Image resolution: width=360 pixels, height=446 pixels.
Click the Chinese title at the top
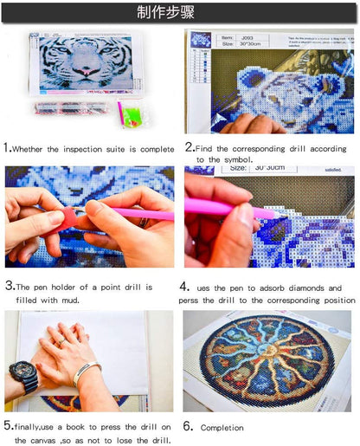(180, 12)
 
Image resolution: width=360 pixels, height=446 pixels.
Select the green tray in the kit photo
(132, 114)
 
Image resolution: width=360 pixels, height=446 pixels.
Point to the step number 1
(7, 148)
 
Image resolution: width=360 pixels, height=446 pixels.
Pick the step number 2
(188, 148)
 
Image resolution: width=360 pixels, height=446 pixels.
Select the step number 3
(8, 286)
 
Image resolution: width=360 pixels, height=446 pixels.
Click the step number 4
(185, 287)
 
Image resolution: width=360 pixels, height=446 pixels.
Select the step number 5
(7, 425)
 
